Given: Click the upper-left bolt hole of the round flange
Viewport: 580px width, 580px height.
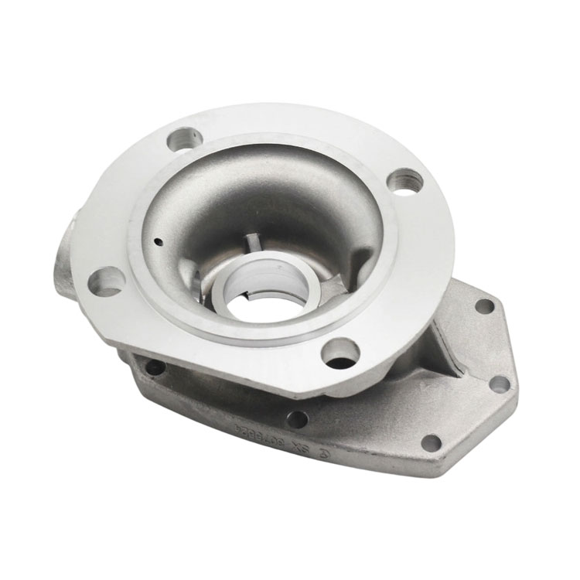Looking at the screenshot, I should coord(183,141).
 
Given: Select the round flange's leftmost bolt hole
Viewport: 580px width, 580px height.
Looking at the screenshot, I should coord(106,281).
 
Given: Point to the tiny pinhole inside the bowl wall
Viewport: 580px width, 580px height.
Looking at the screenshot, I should coord(156,240).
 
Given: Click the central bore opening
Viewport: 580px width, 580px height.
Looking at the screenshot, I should coord(254,302).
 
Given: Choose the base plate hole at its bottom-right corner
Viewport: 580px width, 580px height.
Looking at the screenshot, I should coord(431,443).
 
